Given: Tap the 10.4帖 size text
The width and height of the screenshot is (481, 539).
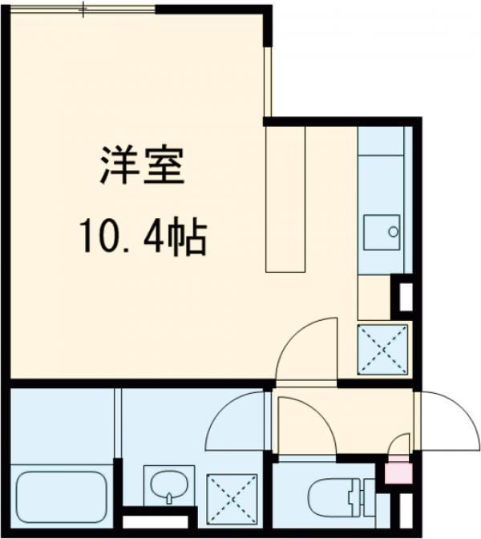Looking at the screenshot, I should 143,237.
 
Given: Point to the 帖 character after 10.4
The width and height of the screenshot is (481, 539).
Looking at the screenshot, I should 192,237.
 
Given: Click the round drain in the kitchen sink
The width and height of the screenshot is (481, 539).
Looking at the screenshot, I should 393,232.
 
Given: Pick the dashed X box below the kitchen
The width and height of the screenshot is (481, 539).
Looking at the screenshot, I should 382,349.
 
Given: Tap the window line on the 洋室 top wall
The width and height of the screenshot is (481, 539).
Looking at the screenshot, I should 83,9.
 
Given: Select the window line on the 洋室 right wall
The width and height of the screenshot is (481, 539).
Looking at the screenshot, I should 270,80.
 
